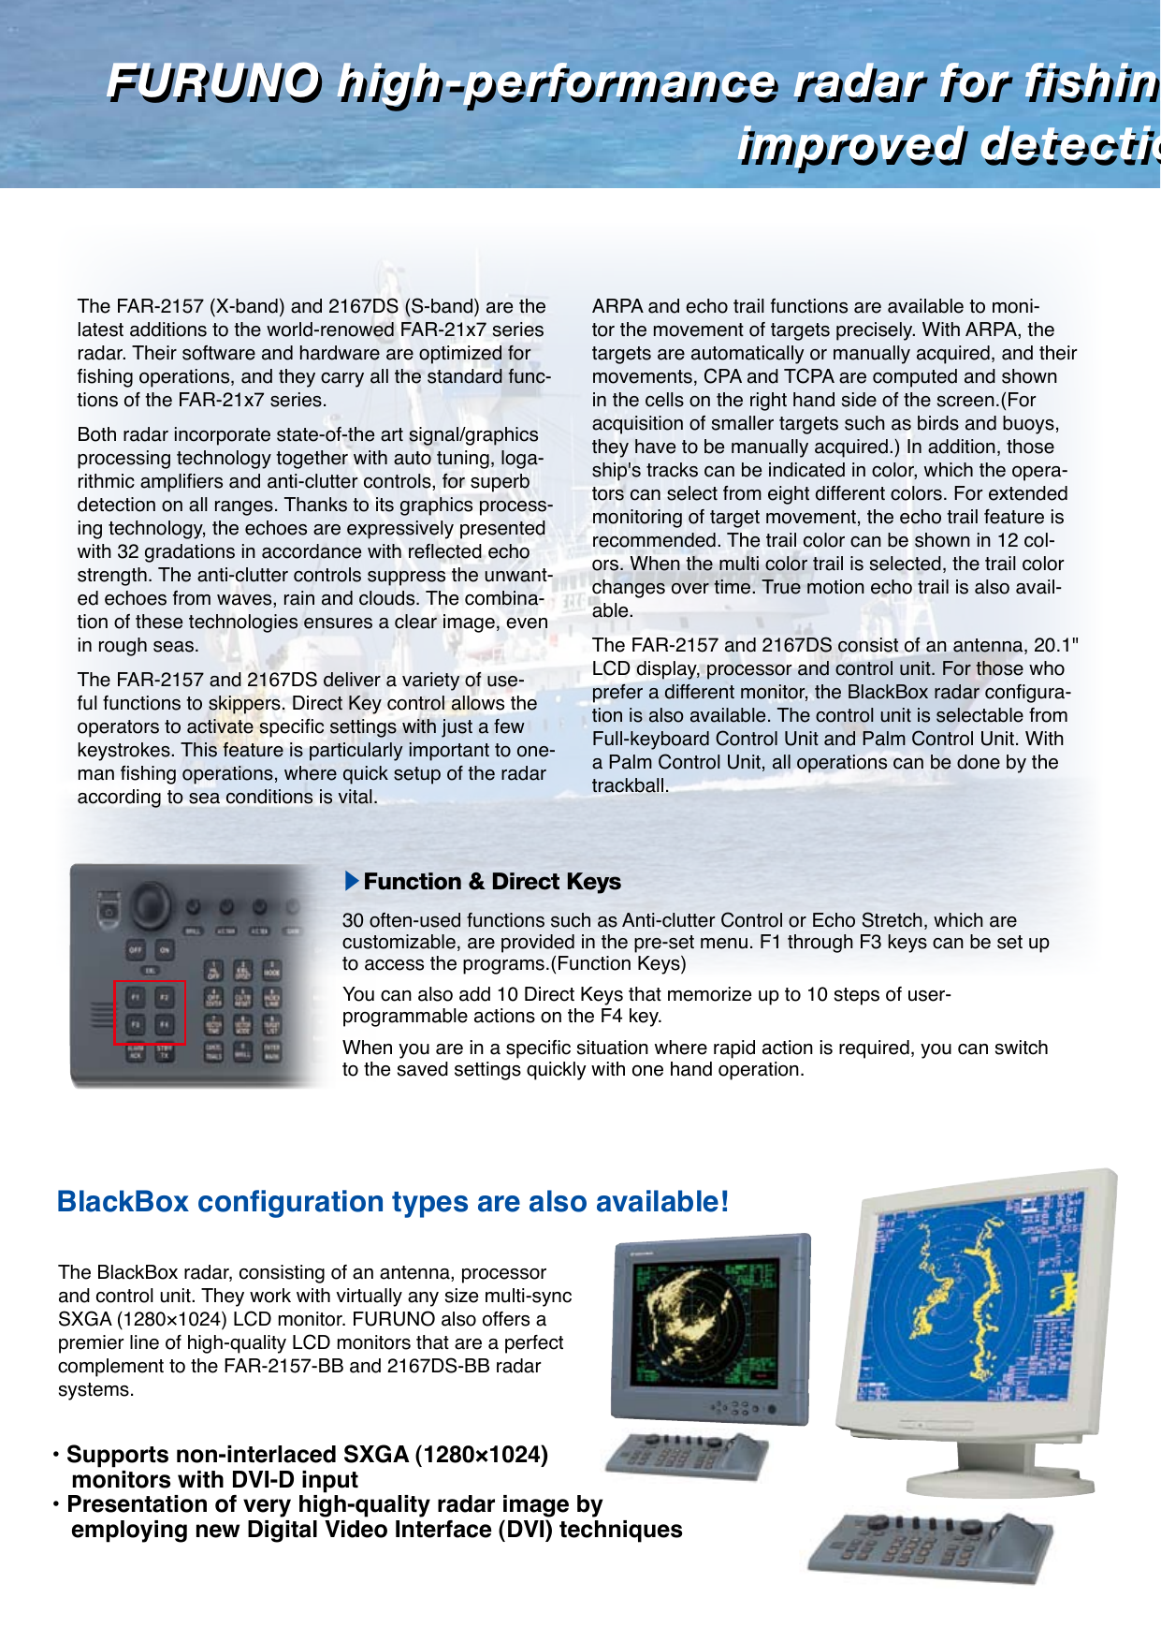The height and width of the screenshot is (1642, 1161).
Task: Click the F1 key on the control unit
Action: pos(136,998)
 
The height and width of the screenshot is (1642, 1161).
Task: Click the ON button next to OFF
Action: pos(165,949)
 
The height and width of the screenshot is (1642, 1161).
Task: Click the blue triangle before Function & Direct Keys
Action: pos(352,881)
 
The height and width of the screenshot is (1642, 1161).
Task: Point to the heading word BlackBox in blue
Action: pos(123,1202)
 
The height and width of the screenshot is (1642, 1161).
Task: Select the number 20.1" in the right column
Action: pos(1055,645)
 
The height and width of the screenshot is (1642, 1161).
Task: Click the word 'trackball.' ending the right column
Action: pos(630,785)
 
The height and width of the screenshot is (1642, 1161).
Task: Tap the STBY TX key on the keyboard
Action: pos(165,1052)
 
